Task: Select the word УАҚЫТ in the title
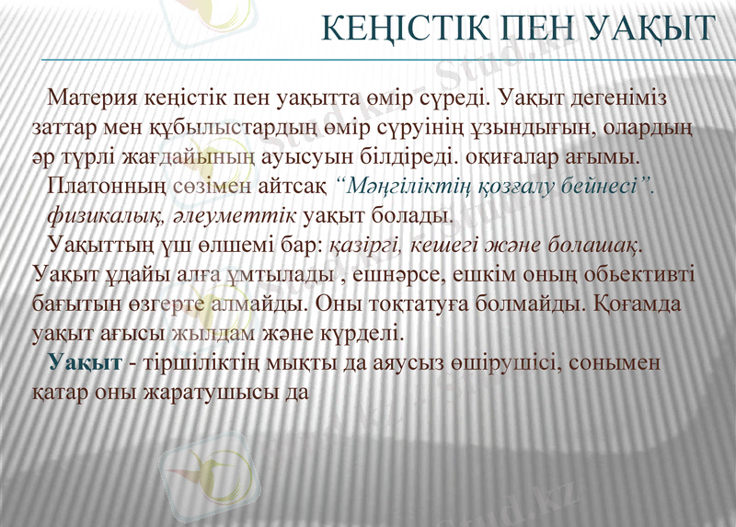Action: (652, 29)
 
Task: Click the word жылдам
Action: (204, 329)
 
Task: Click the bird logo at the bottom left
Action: (213, 468)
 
